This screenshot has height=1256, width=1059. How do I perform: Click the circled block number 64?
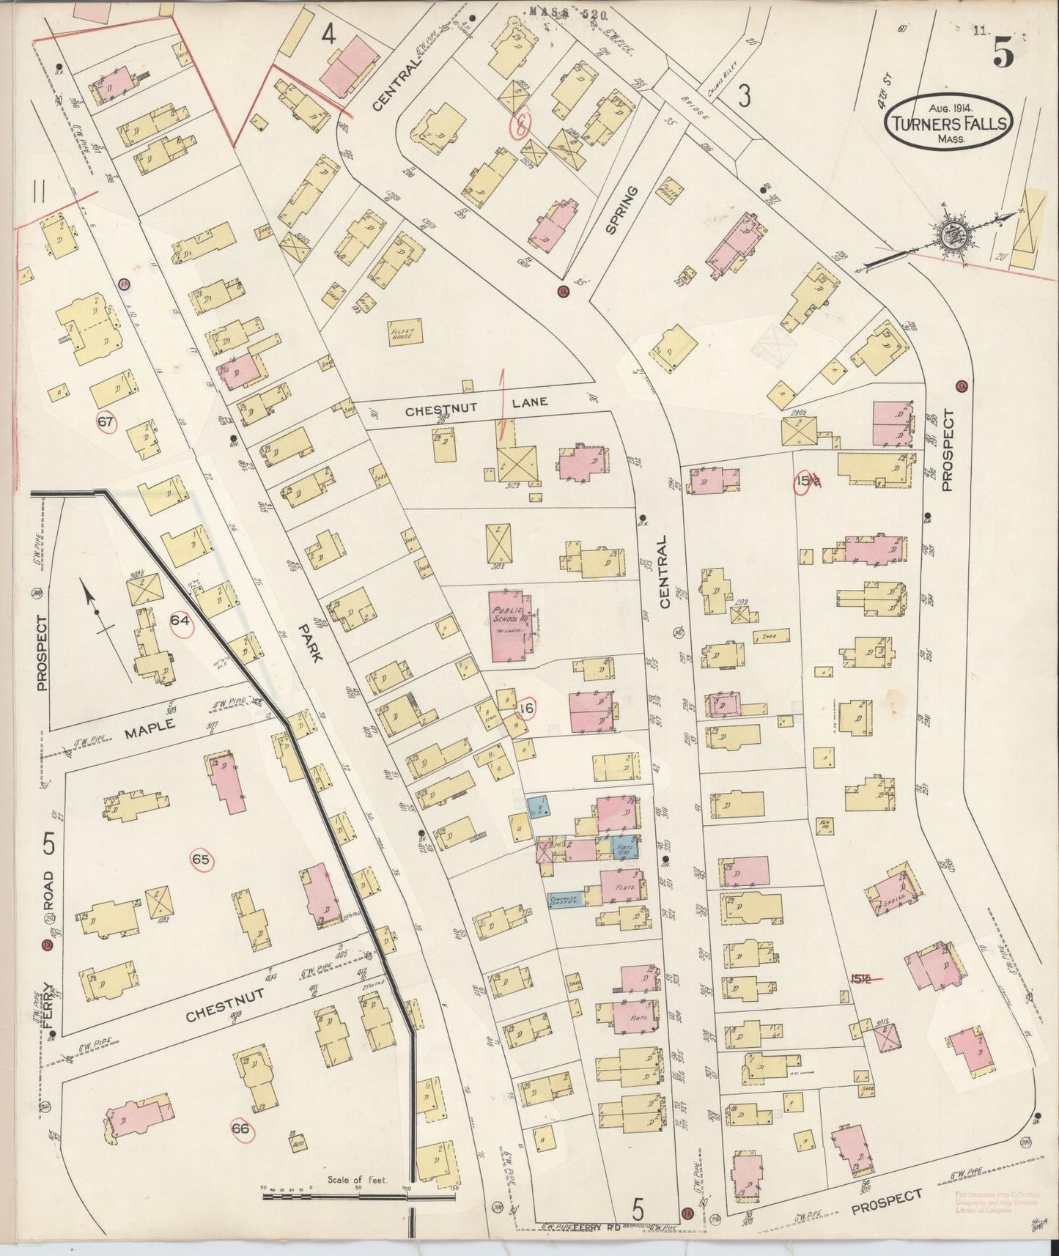click(x=180, y=621)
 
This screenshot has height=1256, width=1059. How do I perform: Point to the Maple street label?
click(x=150, y=728)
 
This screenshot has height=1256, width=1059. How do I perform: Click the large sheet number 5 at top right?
click(x=1003, y=53)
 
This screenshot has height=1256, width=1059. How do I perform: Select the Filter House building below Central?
click(x=405, y=331)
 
